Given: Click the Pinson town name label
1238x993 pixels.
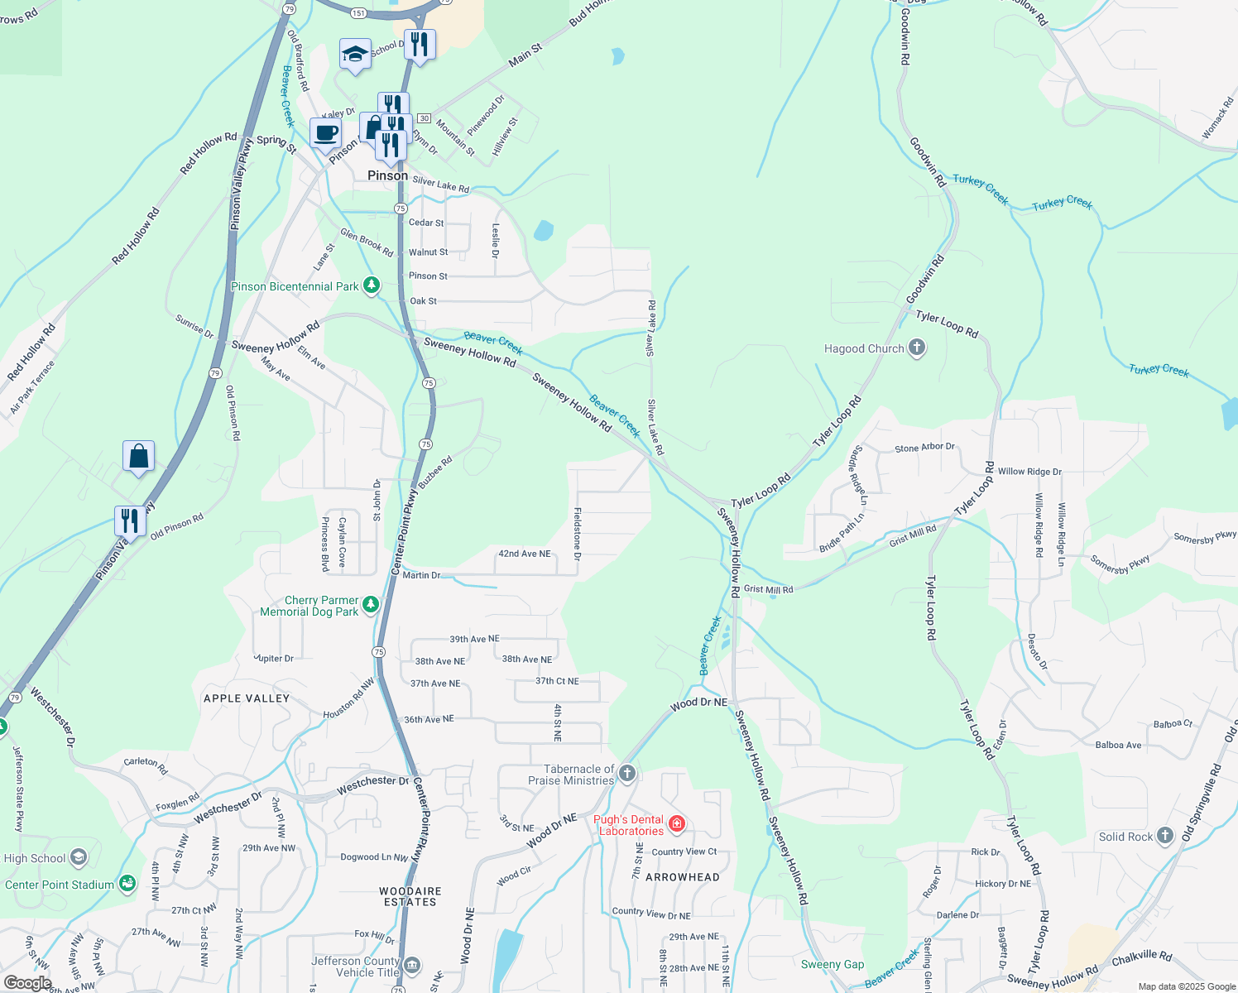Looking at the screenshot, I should [387, 175].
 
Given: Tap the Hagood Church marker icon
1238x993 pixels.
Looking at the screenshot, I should [917, 348].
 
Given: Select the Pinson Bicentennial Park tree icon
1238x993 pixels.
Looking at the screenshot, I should [372, 286].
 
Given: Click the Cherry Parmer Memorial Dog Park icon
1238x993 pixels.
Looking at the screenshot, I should [371, 604].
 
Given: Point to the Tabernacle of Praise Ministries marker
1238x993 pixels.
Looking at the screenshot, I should [627, 774].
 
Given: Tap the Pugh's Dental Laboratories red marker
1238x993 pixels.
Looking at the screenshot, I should [677, 823].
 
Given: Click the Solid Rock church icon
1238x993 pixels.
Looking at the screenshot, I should [1165, 836].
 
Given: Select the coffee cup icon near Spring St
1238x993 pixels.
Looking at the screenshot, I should [326, 132].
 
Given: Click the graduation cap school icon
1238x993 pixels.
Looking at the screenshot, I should [355, 55].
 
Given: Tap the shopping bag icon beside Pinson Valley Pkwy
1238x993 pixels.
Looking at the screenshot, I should [138, 456].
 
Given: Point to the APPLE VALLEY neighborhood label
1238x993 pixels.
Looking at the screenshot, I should [247, 698].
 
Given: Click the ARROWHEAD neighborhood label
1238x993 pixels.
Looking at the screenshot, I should [683, 877].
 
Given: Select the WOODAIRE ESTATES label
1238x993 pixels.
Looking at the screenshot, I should [410, 896].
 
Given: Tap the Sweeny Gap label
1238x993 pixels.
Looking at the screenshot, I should [833, 964].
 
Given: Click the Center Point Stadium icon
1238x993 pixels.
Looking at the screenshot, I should [127, 884].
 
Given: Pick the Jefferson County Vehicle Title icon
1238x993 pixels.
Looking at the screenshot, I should [412, 966].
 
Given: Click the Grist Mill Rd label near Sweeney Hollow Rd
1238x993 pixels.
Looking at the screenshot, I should [768, 589].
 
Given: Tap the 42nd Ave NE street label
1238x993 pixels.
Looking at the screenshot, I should [524, 554].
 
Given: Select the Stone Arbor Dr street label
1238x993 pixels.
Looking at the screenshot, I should [924, 448].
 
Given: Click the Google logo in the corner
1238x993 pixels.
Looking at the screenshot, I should [27, 983].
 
